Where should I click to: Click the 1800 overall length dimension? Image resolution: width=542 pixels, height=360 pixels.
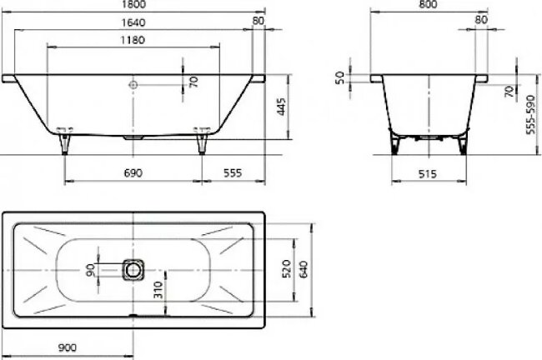point(136,4)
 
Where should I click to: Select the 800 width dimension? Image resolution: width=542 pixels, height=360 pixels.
point(429,4)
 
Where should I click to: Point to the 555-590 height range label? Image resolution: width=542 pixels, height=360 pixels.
point(529,114)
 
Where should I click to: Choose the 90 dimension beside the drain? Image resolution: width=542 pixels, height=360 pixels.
point(91,269)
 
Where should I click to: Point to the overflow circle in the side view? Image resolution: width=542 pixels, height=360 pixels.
point(133,83)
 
